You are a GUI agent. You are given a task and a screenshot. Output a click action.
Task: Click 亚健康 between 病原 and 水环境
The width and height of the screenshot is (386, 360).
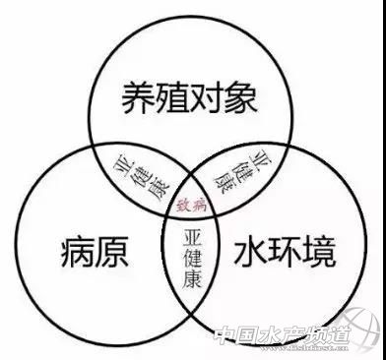coord(192,259)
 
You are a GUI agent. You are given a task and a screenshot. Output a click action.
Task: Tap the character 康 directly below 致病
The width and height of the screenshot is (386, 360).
coord(192,280)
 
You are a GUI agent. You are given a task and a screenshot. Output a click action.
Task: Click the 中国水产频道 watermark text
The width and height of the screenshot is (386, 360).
coord(281,337)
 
